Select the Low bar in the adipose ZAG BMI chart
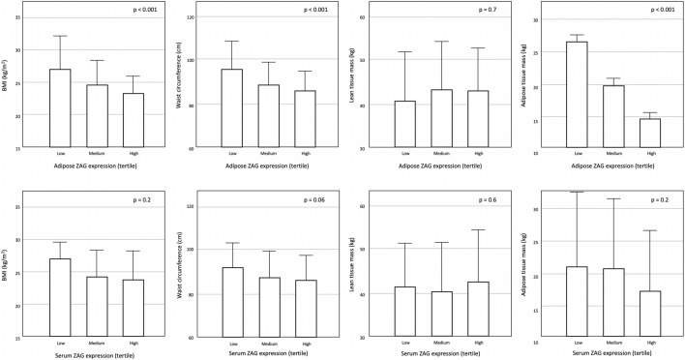(x=60, y=108)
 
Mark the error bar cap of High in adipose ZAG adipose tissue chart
(x=650, y=112)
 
